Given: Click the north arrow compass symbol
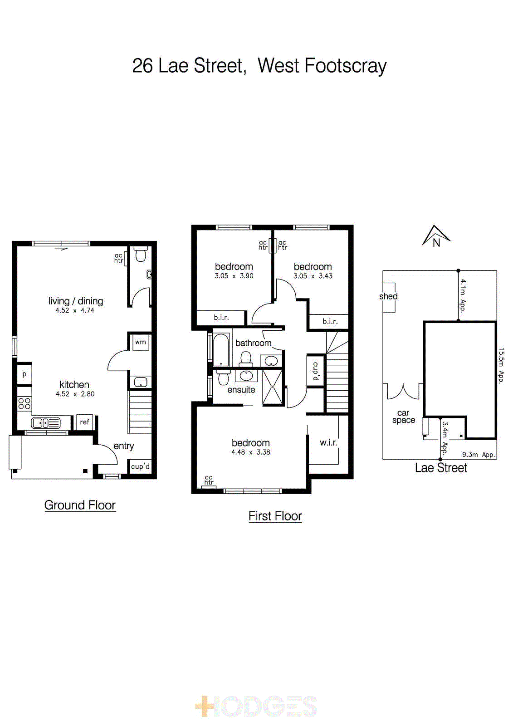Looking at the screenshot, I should (436, 236).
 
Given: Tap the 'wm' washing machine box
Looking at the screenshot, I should (140, 342).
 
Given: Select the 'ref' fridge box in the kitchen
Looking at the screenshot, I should (85, 422).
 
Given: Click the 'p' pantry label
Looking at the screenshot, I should (24, 374).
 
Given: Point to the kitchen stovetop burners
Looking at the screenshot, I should (24, 403).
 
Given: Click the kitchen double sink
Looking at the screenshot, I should (45, 423).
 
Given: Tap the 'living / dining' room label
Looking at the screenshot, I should (76, 301).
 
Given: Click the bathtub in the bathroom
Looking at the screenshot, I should (221, 349).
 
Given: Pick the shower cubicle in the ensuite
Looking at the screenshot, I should (273, 387).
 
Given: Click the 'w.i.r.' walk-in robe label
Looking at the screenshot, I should (328, 442).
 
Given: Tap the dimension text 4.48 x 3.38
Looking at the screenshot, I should (250, 452).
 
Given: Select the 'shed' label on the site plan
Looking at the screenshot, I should (388, 296).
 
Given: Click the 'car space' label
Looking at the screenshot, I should (403, 417).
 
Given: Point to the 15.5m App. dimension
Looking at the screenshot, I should (501, 366).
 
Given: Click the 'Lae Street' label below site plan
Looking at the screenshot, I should (441, 468).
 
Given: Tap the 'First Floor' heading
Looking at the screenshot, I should (275, 516).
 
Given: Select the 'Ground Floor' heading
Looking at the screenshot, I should (80, 505).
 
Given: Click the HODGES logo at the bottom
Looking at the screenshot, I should (256, 706).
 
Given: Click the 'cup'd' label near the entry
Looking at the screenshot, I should (140, 466).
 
